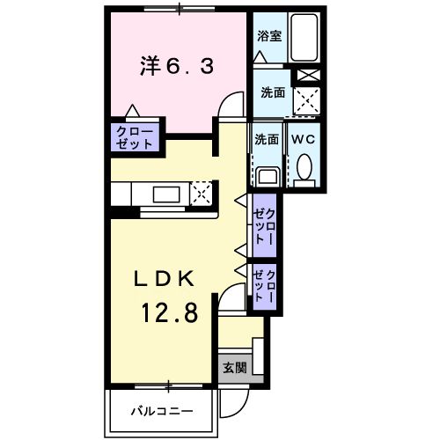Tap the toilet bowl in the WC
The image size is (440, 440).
point(304,167)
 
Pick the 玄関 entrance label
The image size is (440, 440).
point(234,368)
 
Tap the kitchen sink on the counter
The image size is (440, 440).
point(166,193)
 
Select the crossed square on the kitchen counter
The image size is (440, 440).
point(202,193)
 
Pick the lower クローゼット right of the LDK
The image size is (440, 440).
point(266,287)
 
